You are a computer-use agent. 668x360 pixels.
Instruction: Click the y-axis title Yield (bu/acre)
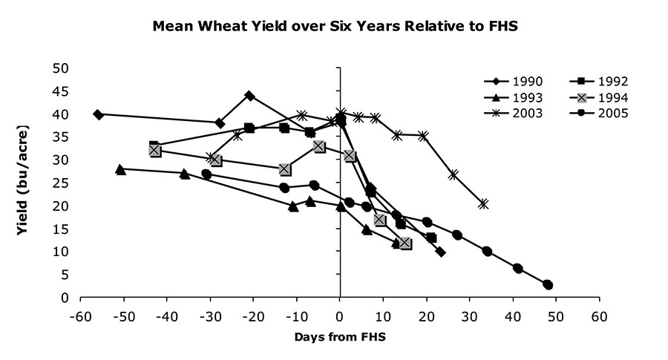click(x=24, y=183)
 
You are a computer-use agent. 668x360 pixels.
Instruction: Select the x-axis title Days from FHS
click(x=340, y=336)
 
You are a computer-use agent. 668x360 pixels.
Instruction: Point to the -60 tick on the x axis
click(x=79, y=315)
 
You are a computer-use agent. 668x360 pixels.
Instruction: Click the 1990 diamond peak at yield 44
click(x=249, y=96)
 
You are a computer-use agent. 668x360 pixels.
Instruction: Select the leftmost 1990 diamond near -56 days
click(x=98, y=114)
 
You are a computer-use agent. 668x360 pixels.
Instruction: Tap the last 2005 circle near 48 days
click(x=548, y=284)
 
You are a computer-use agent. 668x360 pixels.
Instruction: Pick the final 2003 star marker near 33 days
click(x=483, y=204)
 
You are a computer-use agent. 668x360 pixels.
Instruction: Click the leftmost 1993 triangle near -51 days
click(x=120, y=169)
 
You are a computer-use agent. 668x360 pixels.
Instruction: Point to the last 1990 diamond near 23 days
click(x=440, y=252)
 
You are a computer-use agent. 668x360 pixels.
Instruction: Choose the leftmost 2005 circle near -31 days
click(x=206, y=174)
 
